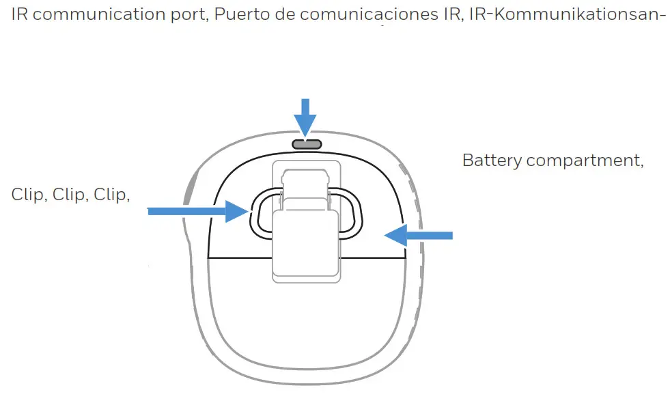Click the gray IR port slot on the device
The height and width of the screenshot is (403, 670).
[x=305, y=143]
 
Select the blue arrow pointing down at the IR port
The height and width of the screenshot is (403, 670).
[x=305, y=116]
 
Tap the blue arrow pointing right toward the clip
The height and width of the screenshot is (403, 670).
[x=198, y=212]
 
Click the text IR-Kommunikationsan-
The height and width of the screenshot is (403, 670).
[x=568, y=15]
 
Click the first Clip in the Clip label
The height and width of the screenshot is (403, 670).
[x=29, y=195]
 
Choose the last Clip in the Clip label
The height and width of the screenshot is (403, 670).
[x=112, y=195]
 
